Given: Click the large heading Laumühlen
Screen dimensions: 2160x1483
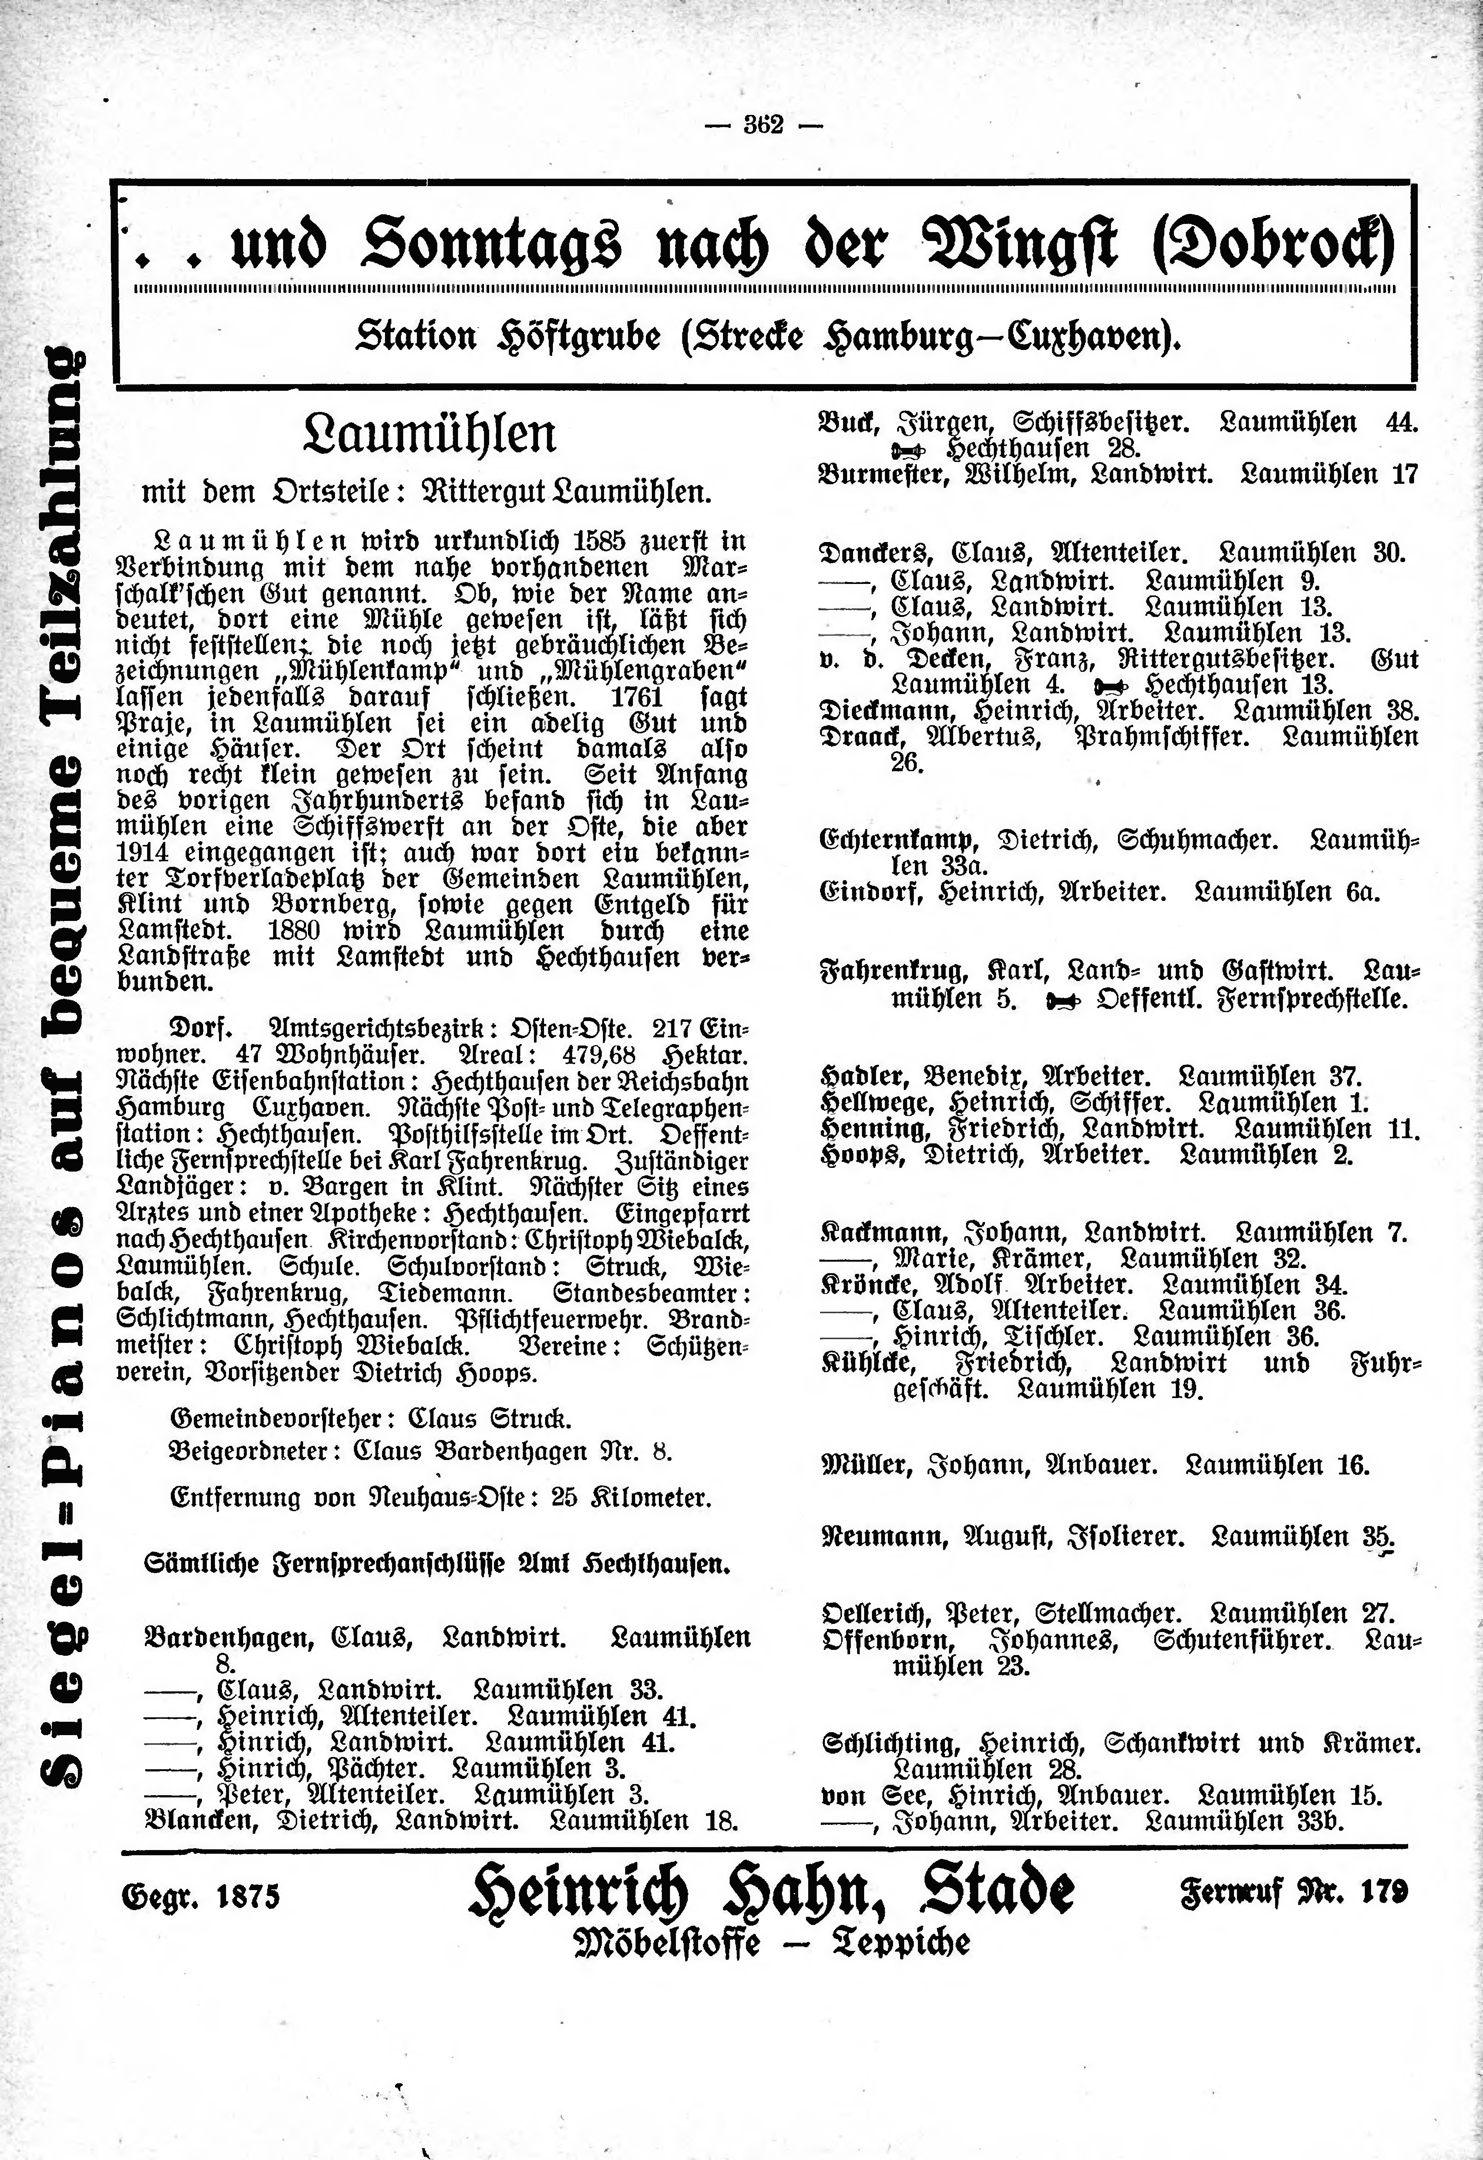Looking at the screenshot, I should [x=430, y=434].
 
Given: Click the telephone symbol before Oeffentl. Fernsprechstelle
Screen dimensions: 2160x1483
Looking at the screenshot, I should [x=1061, y=1000].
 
